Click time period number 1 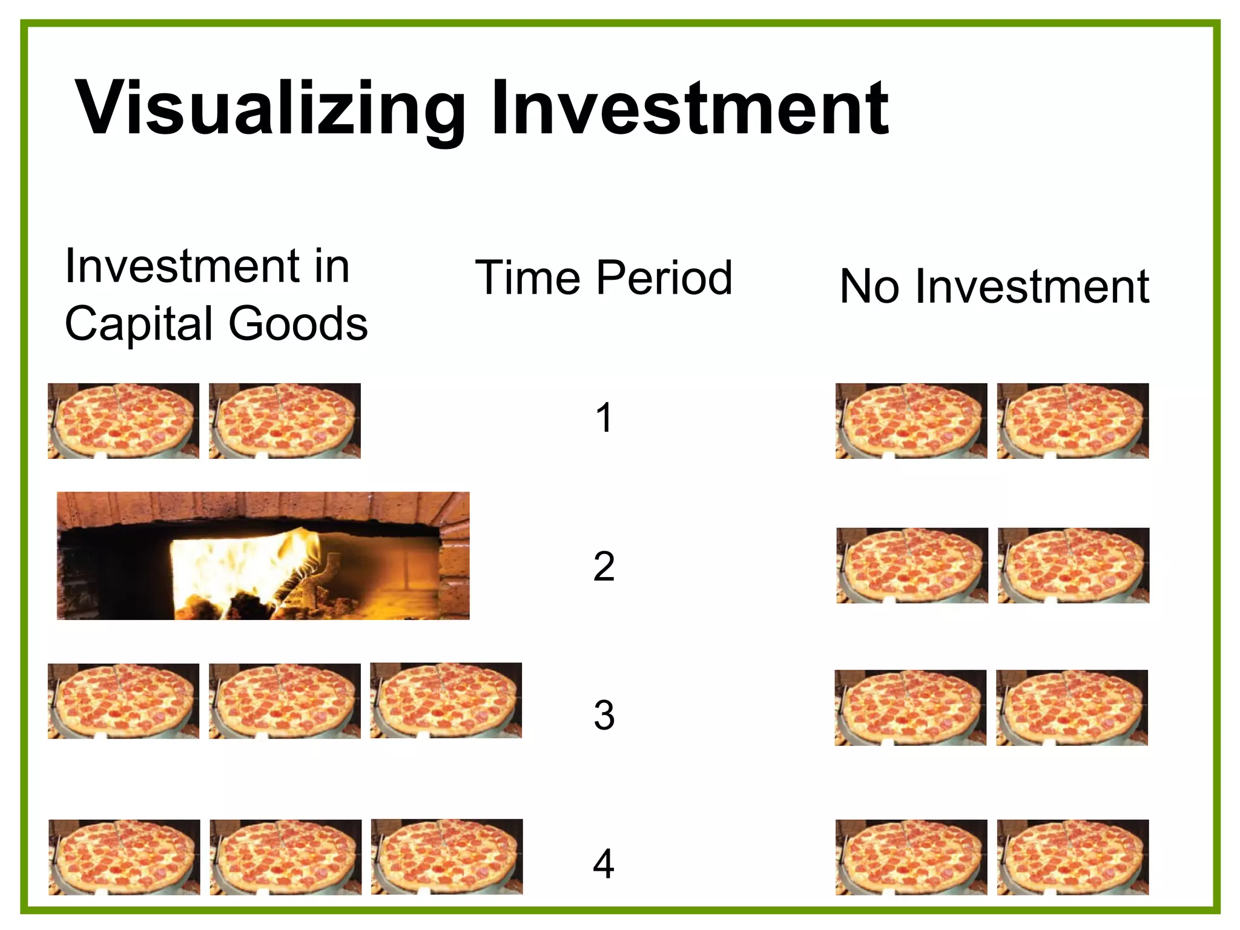pos(604,418)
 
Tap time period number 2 pos(604,567)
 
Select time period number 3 pos(604,715)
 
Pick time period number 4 pos(604,864)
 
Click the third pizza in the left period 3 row pos(446,701)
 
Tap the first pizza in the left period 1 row pos(124,421)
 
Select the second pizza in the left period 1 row pos(285,421)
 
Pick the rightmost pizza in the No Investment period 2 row pos(1073,566)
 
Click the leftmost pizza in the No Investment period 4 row pos(911,857)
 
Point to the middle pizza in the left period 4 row pos(286,857)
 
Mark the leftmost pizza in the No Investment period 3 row pos(911,708)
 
